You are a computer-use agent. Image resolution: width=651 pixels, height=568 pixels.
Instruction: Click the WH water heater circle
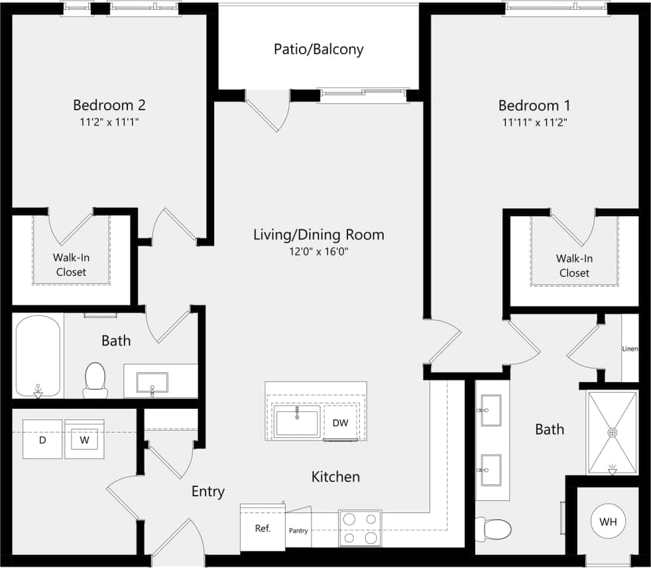(x=608, y=522)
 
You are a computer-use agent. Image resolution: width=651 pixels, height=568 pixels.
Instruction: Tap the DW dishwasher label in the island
(x=340, y=423)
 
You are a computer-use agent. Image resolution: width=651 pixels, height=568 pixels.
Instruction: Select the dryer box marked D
(x=42, y=439)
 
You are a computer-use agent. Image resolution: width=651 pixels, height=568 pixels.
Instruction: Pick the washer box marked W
(x=84, y=439)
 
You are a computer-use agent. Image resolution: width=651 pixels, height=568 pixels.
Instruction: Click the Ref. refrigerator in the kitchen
(x=262, y=528)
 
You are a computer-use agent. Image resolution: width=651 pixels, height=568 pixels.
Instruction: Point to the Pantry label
(x=298, y=531)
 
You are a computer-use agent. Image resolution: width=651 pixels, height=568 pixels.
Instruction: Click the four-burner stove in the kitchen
(x=360, y=528)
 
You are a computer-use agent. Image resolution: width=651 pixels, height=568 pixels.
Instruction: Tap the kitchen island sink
(x=297, y=423)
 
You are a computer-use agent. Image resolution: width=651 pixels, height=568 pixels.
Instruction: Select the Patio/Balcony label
(x=319, y=49)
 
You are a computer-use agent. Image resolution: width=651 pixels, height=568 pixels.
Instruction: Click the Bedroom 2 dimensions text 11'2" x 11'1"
(x=109, y=121)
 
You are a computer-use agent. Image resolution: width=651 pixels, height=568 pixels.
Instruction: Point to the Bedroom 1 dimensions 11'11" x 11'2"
(x=534, y=122)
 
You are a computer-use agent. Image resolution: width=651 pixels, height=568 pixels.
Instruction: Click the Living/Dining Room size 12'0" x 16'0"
(x=319, y=251)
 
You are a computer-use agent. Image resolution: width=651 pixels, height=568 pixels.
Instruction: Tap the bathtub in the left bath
(x=38, y=357)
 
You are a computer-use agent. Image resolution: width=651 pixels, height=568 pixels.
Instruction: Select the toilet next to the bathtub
(x=95, y=379)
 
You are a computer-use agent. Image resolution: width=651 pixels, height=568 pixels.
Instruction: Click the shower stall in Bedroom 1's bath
(x=612, y=432)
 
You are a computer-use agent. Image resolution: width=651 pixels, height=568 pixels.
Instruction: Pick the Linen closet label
(x=630, y=348)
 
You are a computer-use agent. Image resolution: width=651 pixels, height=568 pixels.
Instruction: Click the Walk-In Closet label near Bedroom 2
(x=70, y=265)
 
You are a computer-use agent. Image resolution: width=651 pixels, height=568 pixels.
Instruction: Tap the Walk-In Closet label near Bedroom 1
(x=573, y=265)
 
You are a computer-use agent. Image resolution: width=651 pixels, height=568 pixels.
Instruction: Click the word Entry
(x=208, y=492)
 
